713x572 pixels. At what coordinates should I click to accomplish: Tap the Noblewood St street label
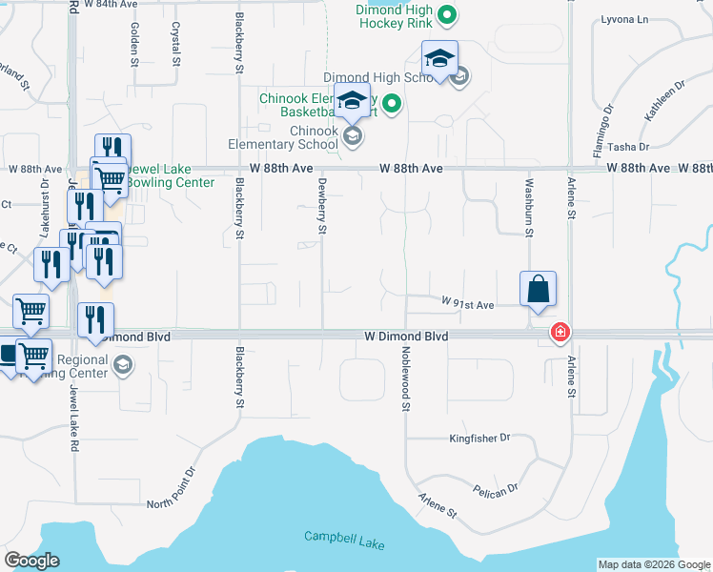tap(406, 379)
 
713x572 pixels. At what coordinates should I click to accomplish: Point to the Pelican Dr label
tap(495, 489)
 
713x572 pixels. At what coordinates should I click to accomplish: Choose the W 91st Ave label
tap(467, 304)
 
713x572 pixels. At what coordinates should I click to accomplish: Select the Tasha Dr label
tap(628, 147)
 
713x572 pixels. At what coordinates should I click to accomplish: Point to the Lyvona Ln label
tap(624, 19)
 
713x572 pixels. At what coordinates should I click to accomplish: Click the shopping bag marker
tap(538, 289)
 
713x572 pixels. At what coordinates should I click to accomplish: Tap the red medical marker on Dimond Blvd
tap(560, 332)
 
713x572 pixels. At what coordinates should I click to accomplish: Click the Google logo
tap(31, 561)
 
